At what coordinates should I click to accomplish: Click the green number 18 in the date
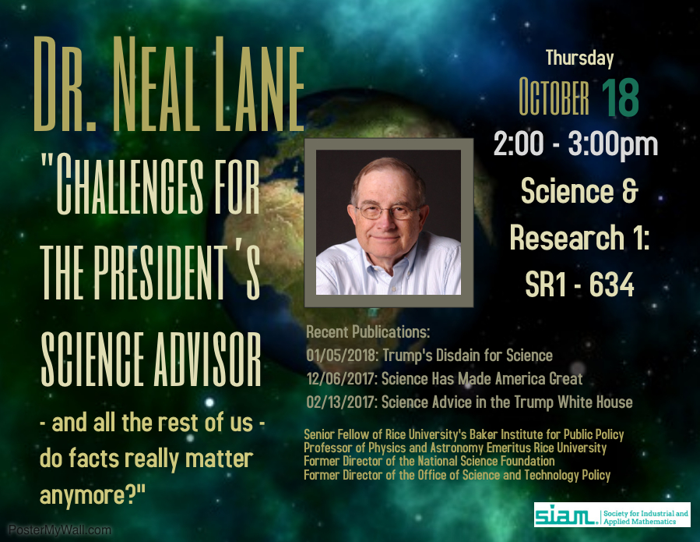620,97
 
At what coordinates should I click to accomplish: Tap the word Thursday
579,58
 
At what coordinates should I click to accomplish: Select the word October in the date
554,97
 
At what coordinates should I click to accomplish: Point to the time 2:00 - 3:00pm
575,144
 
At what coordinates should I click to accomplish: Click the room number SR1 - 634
579,284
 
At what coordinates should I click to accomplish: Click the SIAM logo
612,515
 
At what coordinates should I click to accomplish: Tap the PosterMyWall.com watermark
59,530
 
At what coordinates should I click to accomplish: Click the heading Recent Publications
368,331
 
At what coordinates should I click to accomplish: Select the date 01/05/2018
343,355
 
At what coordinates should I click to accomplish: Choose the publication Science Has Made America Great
482,379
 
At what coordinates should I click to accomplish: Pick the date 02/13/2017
342,402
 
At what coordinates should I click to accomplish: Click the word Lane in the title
259,84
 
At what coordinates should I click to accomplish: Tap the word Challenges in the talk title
130,184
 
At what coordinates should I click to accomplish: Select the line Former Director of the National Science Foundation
429,461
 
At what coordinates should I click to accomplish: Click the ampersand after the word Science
630,191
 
